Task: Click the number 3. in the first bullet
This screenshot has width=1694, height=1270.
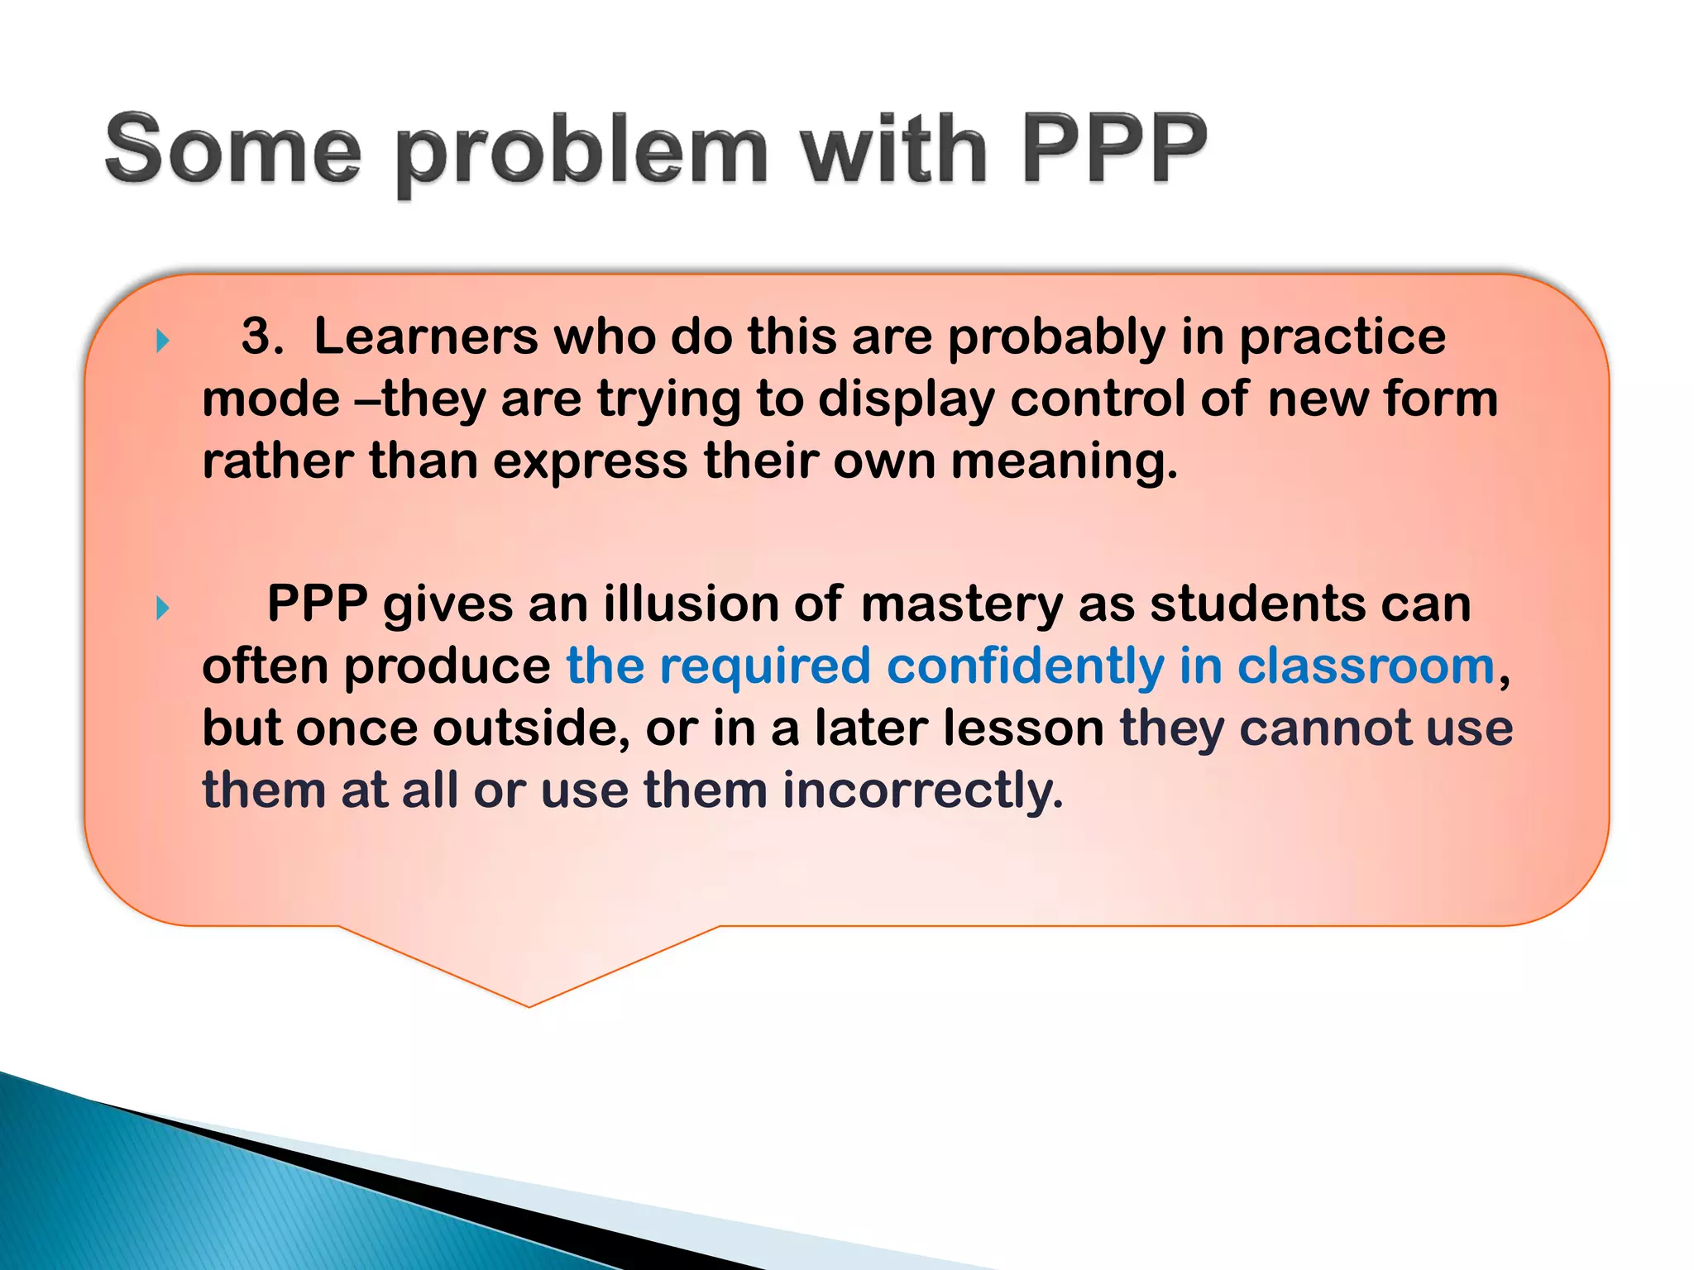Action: coord(262,337)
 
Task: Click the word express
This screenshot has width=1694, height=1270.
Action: coord(590,462)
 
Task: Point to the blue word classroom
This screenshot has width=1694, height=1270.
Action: coord(1365,666)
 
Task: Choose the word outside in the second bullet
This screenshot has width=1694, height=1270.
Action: coord(530,728)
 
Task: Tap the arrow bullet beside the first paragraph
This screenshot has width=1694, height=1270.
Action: coord(163,341)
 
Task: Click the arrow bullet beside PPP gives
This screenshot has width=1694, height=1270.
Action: coord(163,609)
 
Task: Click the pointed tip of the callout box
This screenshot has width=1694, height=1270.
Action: coord(529,1004)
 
